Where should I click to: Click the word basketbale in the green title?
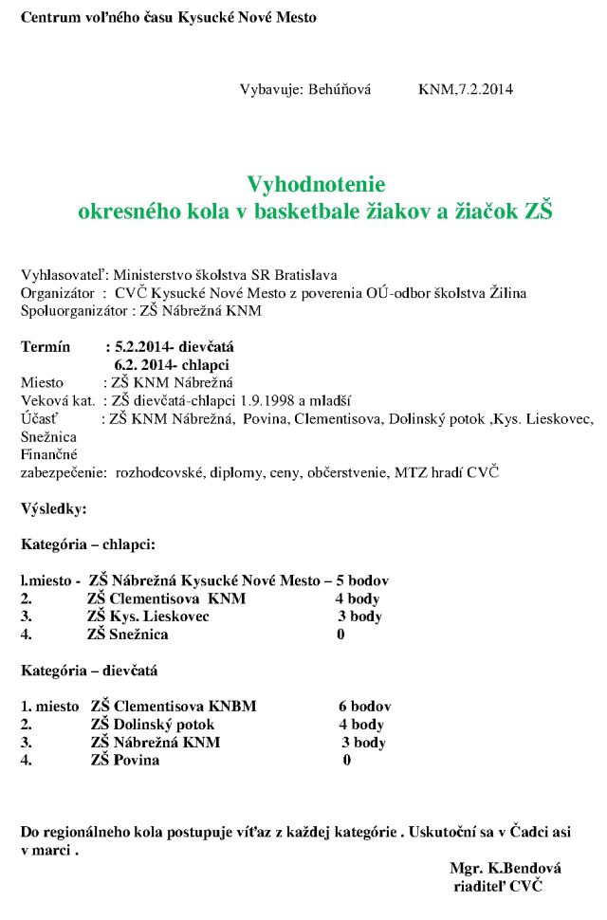pos(319,212)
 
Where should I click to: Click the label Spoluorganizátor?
pos(75,310)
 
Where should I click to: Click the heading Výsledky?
pos(54,508)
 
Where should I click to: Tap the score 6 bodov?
pos(364,707)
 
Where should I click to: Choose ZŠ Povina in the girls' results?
pos(125,760)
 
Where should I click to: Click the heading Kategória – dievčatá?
pos(89,670)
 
